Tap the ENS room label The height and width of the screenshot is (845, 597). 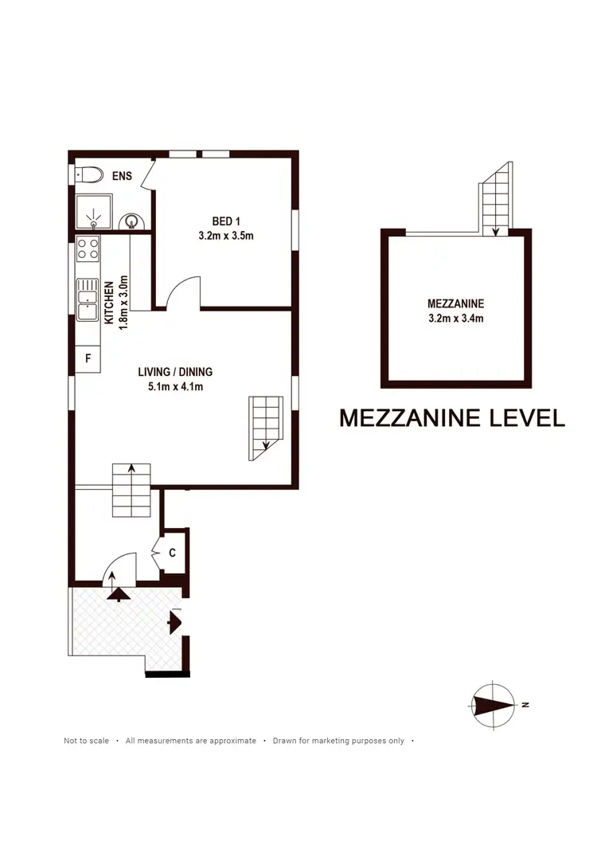tap(122, 176)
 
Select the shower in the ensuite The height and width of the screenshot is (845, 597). tap(93, 213)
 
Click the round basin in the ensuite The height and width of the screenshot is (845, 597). tap(131, 221)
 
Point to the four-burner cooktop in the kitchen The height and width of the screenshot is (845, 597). tap(88, 249)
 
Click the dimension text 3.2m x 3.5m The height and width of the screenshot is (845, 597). tap(225, 236)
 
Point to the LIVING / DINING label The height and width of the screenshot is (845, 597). tap(175, 372)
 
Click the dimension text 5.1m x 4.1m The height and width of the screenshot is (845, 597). tap(175, 387)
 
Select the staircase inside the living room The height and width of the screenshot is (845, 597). tap(265, 428)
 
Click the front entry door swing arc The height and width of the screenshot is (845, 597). tap(121, 567)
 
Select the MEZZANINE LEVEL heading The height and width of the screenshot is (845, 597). tap(451, 418)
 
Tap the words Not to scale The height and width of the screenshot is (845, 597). tap(86, 741)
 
